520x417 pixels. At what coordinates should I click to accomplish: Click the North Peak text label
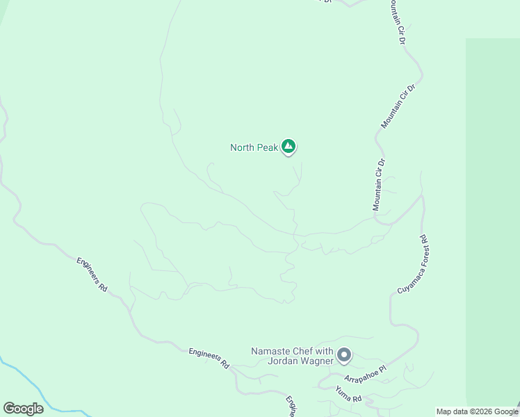coord(254,147)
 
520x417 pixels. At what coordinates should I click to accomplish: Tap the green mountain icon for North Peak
coord(289,147)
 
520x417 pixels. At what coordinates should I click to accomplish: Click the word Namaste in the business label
coord(272,352)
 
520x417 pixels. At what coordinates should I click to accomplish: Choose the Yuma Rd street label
coord(348,395)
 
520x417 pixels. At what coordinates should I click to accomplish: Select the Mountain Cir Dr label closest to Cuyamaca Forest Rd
coord(378,185)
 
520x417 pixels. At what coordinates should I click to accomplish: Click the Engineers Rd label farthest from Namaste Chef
coord(92,275)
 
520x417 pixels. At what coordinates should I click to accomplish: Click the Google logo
coord(23,409)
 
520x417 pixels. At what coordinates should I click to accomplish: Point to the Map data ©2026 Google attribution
coord(478,411)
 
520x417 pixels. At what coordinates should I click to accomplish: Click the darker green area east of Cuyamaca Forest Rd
coord(492,208)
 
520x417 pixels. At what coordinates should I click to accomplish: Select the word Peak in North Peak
coord(268,147)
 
